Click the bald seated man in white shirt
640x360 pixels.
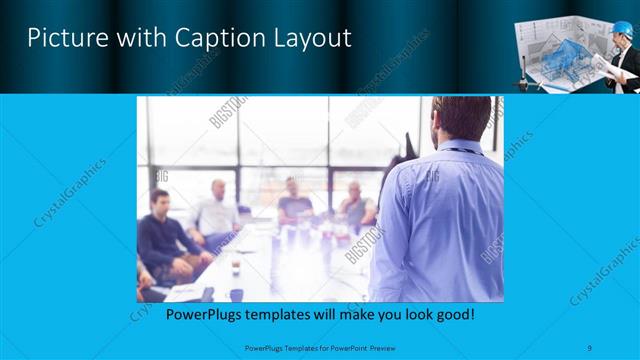(x=216, y=211)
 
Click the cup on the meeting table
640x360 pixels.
(x=236, y=267)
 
